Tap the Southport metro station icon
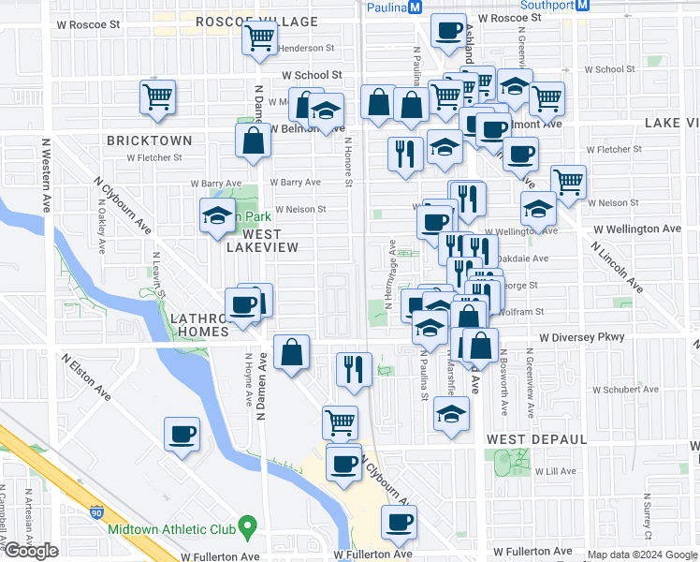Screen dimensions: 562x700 (582, 5)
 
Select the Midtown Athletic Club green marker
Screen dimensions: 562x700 (248, 528)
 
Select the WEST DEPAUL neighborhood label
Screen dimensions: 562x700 (536, 438)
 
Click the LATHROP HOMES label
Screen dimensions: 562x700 (199, 325)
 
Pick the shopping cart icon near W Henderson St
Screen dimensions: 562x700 (258, 39)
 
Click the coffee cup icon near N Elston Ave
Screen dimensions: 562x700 (182, 434)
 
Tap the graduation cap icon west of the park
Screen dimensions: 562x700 (217, 215)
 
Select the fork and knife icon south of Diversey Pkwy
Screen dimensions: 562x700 (354, 368)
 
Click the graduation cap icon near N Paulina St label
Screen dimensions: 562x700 (451, 414)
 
